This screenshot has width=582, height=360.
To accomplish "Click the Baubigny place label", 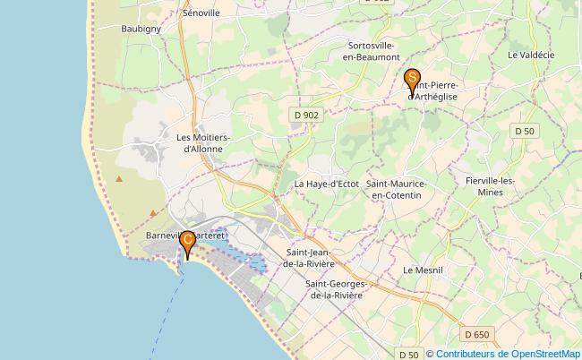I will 141,29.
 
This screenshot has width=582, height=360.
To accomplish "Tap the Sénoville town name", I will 201,14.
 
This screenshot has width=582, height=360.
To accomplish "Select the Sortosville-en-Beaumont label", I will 372,50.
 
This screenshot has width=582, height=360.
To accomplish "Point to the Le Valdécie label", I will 531,55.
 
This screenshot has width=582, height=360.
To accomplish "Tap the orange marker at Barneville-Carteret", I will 187,244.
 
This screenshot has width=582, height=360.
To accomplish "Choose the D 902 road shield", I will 305,115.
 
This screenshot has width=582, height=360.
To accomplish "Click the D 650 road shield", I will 477,334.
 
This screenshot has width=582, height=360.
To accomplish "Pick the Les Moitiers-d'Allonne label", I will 204,143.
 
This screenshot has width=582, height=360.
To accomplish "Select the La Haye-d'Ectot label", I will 326,184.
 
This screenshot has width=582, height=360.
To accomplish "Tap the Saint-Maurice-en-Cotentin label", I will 397,189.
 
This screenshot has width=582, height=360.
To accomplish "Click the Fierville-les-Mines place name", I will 490,186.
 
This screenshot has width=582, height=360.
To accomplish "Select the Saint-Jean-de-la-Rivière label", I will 309,260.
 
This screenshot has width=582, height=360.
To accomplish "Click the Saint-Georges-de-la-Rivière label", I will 334,289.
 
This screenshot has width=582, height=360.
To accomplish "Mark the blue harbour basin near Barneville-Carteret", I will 254,264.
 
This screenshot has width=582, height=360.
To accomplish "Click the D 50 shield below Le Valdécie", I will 525,131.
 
